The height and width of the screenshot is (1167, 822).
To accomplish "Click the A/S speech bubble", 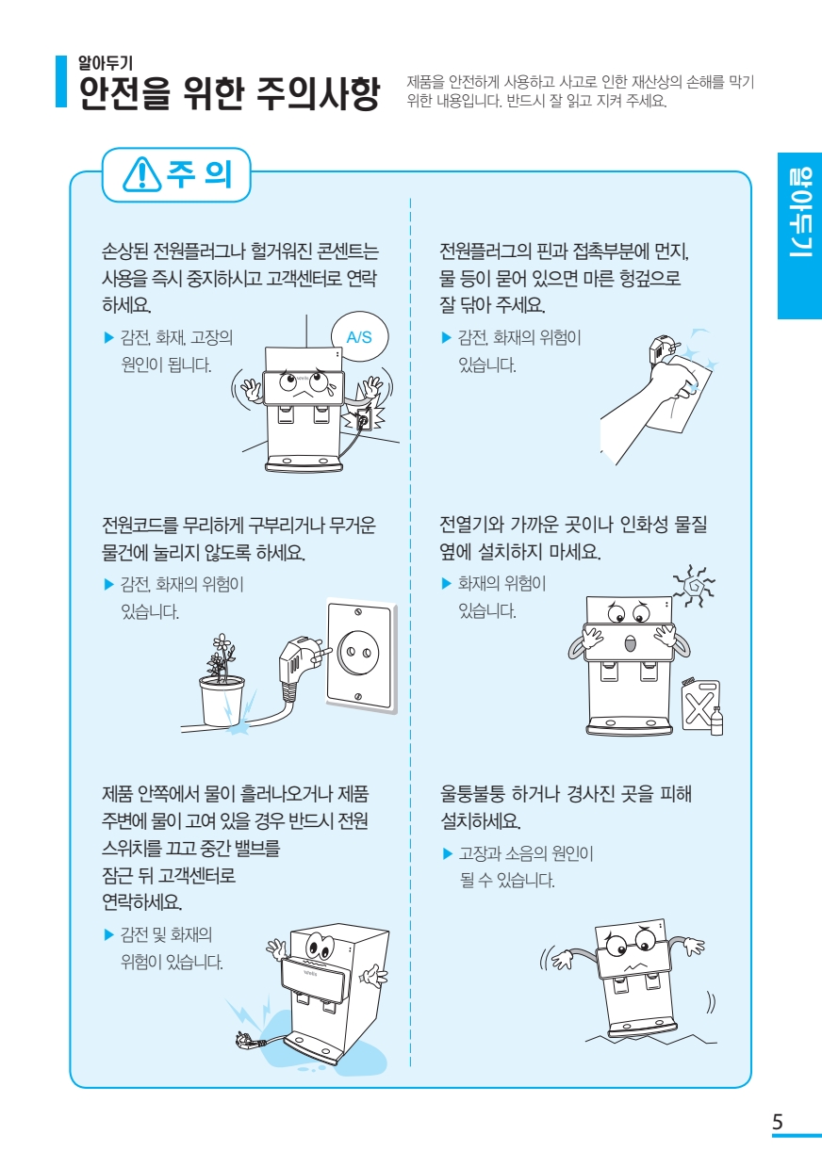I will point(359,337).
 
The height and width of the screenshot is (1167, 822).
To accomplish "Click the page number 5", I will point(777,1122).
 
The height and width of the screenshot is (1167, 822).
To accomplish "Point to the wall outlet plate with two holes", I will point(359,651).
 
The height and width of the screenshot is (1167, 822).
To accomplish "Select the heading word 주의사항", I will point(317,92).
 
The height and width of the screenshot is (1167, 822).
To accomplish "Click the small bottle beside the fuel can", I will point(716,721).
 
